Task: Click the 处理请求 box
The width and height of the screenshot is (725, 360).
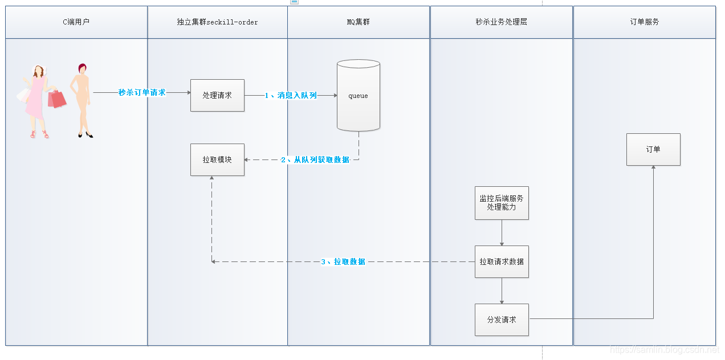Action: [217, 95]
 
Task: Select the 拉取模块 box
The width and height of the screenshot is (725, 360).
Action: [217, 159]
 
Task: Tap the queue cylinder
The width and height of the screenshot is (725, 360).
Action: [358, 96]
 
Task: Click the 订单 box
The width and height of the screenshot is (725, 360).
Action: [653, 149]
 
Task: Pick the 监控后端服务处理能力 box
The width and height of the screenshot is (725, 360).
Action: [502, 203]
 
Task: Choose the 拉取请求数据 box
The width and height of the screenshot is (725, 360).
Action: [502, 261]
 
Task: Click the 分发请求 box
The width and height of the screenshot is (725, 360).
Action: [502, 320]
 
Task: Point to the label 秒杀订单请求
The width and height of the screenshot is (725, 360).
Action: [142, 92]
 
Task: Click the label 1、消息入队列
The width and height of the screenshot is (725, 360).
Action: [291, 96]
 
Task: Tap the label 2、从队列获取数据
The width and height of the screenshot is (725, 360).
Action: [315, 160]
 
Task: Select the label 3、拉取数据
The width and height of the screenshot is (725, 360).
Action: [343, 262]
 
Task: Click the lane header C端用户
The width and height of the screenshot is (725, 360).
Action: [76, 22]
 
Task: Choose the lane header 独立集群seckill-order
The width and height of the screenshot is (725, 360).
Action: [217, 22]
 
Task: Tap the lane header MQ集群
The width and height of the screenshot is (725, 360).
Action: [359, 22]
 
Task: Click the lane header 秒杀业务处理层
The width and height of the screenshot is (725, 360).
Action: [501, 22]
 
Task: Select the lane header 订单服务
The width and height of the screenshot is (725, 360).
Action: [645, 22]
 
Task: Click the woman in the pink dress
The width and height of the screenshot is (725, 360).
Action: [36, 100]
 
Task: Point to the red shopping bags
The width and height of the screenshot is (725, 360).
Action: [56, 99]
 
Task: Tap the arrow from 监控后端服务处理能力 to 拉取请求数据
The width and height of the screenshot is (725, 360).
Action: [502, 232]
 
